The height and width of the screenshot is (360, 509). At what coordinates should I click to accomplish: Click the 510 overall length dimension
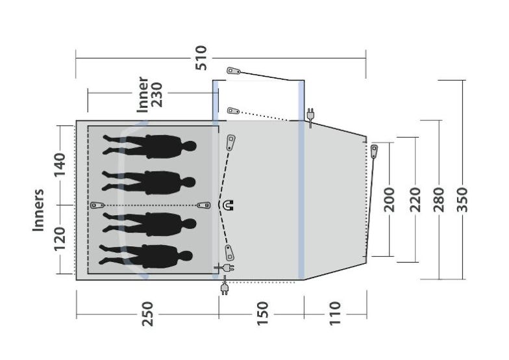(x=201, y=58)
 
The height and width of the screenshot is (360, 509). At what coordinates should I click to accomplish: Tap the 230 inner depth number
(x=157, y=95)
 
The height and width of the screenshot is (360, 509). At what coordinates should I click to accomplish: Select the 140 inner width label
(x=60, y=165)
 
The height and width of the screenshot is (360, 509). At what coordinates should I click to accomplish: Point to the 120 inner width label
(x=60, y=239)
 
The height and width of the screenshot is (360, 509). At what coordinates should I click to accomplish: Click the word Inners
(x=38, y=211)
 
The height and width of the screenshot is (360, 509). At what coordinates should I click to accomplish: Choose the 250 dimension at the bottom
(x=147, y=314)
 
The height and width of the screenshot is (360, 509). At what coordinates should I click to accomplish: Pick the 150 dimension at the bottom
(x=262, y=314)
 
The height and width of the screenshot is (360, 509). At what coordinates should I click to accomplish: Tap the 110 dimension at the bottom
(x=335, y=314)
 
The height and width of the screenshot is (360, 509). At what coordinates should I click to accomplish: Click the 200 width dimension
(x=390, y=199)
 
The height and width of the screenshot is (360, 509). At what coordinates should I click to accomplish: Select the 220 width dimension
(x=415, y=199)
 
